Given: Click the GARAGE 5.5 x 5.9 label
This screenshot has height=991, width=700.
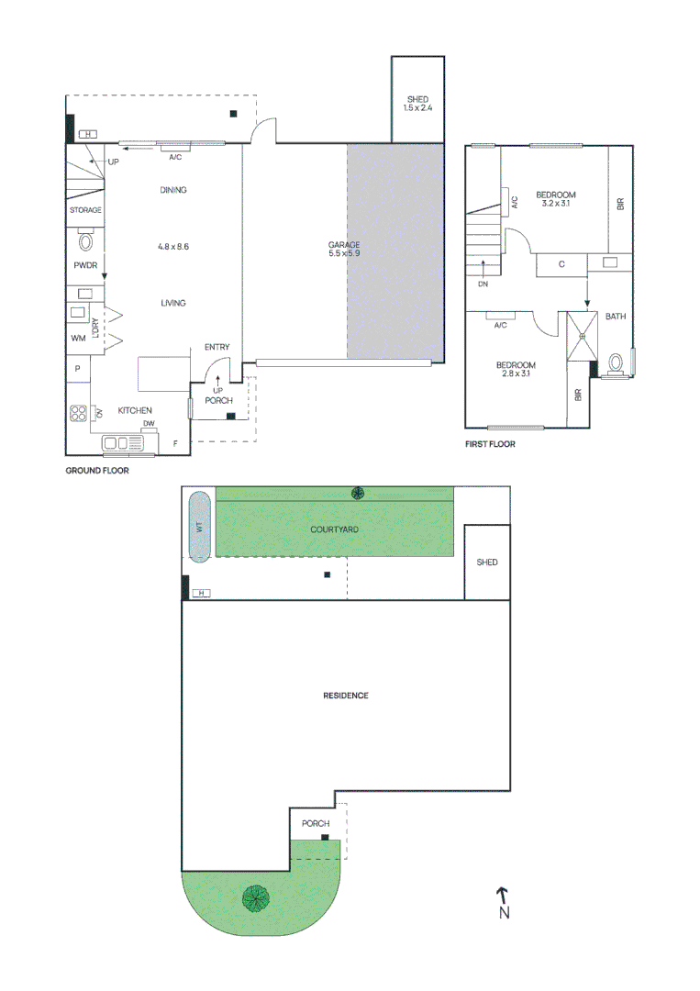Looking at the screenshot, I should [344, 249].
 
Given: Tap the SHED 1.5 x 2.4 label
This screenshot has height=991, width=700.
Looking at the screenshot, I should [417, 104].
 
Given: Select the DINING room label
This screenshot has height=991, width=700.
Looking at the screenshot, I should [172, 191].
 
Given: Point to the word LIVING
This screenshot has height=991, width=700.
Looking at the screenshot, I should [172, 303].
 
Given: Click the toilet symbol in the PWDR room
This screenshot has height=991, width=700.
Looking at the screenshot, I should [87, 242].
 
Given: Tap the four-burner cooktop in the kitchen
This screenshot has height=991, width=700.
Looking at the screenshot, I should [78, 413].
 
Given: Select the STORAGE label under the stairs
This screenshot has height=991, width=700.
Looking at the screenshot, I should [85, 210].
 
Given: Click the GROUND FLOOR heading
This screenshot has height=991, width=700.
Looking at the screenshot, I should [96, 471].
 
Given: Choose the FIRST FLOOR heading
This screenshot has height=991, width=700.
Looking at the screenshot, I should [491, 444].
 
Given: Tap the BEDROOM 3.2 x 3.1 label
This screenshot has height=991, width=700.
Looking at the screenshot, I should [556, 199].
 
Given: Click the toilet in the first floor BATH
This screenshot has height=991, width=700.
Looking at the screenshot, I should [617, 363].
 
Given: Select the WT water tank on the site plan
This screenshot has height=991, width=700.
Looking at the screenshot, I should [198, 526].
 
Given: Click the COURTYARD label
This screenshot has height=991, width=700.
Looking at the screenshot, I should [333, 529].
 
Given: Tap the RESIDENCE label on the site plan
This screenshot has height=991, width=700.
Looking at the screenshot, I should [345, 696].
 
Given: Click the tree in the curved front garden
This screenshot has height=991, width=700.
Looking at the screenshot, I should [255, 897].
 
